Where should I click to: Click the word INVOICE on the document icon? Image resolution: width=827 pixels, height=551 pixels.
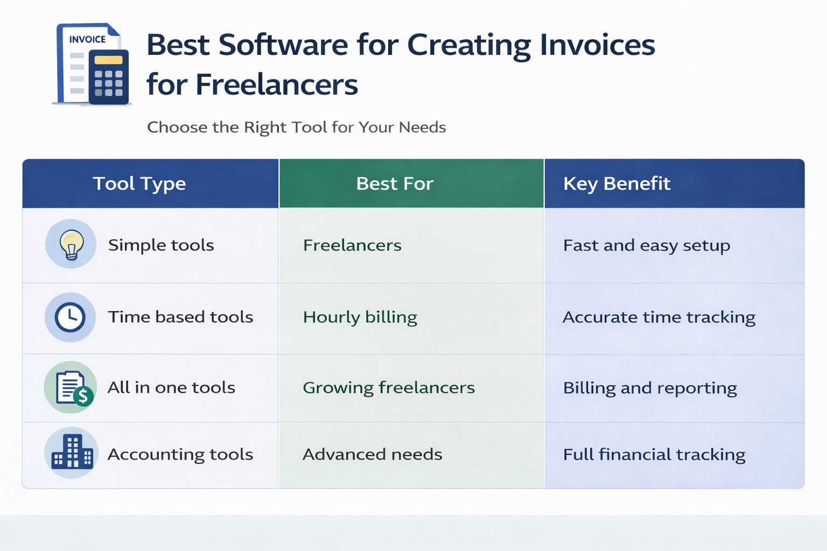click(x=87, y=39)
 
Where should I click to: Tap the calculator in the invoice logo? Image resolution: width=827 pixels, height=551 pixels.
click(x=108, y=76)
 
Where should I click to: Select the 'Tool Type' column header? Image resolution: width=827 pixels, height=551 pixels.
click(x=139, y=183)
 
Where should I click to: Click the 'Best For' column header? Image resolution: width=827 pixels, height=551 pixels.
click(x=395, y=183)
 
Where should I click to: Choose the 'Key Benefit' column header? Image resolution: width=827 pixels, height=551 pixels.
click(x=616, y=183)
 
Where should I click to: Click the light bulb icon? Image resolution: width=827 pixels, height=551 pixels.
click(x=71, y=244)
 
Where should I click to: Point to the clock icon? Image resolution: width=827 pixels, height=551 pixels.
click(x=71, y=317)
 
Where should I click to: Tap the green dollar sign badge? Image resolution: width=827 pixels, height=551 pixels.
click(x=83, y=396)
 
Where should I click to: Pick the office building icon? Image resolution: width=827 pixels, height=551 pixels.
click(x=72, y=453)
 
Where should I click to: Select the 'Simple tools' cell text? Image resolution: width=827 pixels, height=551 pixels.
click(x=161, y=245)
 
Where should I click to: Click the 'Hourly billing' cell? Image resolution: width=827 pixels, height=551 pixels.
click(x=360, y=317)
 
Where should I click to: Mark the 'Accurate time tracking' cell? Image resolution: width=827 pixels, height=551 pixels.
click(x=658, y=317)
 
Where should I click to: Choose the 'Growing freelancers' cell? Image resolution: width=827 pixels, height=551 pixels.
click(x=388, y=387)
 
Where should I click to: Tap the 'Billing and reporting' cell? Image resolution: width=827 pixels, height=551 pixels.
click(x=650, y=388)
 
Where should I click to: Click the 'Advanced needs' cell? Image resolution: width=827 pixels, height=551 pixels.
click(x=372, y=454)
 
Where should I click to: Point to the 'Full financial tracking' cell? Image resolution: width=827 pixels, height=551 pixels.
click(x=654, y=455)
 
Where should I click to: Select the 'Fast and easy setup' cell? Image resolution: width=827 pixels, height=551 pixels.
click(x=646, y=245)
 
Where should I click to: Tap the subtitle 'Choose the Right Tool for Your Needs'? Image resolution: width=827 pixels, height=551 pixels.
click(x=296, y=128)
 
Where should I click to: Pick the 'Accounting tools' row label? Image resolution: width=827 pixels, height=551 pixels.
click(x=180, y=454)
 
